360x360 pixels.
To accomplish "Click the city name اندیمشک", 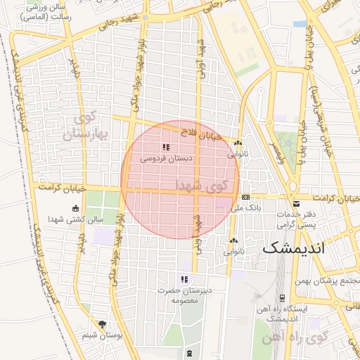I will [x=294, y=249].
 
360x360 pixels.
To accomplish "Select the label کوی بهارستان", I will [x=87, y=125].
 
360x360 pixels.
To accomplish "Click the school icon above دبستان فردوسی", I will [x=166, y=148].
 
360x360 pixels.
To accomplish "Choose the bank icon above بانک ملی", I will [x=245, y=198].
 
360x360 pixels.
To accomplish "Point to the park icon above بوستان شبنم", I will [x=103, y=324].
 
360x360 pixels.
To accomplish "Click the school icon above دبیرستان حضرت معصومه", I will [x=184, y=279].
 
